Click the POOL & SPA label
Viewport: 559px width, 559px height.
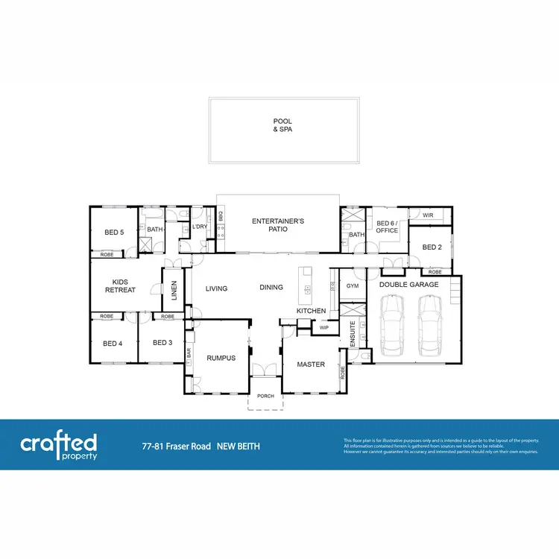[x=282, y=125]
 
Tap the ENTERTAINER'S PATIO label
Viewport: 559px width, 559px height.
[x=278, y=225]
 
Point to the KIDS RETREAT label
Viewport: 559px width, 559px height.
[x=124, y=286]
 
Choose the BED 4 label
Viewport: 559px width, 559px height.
[x=112, y=344]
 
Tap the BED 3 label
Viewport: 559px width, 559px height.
[x=162, y=343]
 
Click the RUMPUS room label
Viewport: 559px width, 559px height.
[x=221, y=358]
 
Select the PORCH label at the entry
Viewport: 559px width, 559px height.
[x=265, y=396]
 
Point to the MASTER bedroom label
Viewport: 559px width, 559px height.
[x=310, y=364]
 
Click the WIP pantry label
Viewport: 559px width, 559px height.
[x=323, y=327]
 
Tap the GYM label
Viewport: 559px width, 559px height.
[x=353, y=285]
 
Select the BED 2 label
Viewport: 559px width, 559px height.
[x=432, y=247]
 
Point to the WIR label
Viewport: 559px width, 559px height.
[x=427, y=215]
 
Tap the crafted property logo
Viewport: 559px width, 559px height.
[x=59, y=446]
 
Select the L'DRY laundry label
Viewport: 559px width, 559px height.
[x=200, y=227]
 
